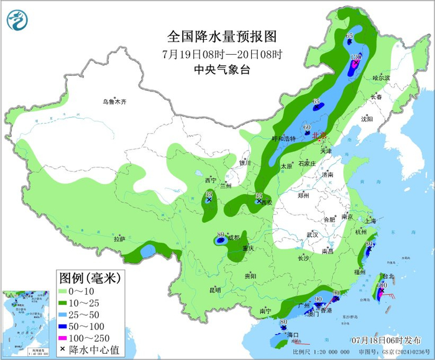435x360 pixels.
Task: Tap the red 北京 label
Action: (319, 136)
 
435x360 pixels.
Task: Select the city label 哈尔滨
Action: (381, 78)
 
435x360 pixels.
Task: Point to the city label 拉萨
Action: (119, 239)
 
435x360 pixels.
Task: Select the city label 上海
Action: (371, 221)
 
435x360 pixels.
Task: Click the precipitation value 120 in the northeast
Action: (356, 57)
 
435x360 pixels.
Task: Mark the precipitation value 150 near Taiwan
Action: (382, 285)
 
